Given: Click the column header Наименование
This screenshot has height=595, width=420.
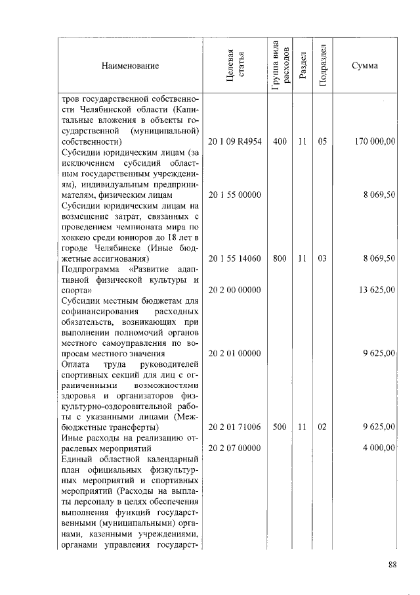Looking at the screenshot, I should point(131,66).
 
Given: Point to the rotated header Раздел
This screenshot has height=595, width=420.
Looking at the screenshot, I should point(303,66).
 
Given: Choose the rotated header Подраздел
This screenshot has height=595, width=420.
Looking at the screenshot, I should point(323,66).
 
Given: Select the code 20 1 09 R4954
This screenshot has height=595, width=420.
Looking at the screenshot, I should point(235,141).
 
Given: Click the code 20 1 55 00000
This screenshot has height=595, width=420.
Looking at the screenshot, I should point(235,195).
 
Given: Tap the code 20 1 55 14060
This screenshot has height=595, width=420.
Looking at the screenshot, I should point(235,259).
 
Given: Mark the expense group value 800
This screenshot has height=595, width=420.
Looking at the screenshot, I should point(280,259).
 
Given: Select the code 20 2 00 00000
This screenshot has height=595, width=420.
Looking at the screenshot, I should point(235,289).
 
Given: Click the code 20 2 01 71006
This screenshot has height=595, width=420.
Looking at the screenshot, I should point(235,427).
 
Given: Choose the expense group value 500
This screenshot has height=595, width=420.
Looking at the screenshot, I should point(280,427).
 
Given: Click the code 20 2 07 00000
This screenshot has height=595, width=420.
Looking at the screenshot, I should point(235,448).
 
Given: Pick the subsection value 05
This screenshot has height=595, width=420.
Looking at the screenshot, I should point(322,141).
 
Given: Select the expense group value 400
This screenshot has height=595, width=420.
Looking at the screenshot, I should point(280,141).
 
